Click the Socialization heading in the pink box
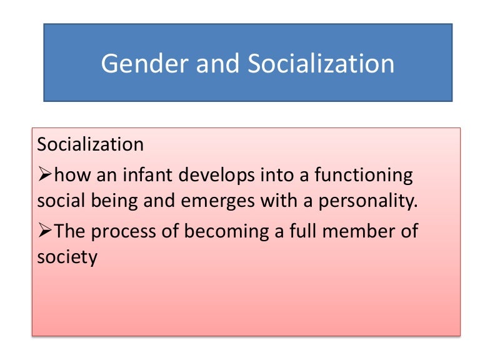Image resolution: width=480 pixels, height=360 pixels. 91,144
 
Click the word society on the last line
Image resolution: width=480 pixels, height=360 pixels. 67,257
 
